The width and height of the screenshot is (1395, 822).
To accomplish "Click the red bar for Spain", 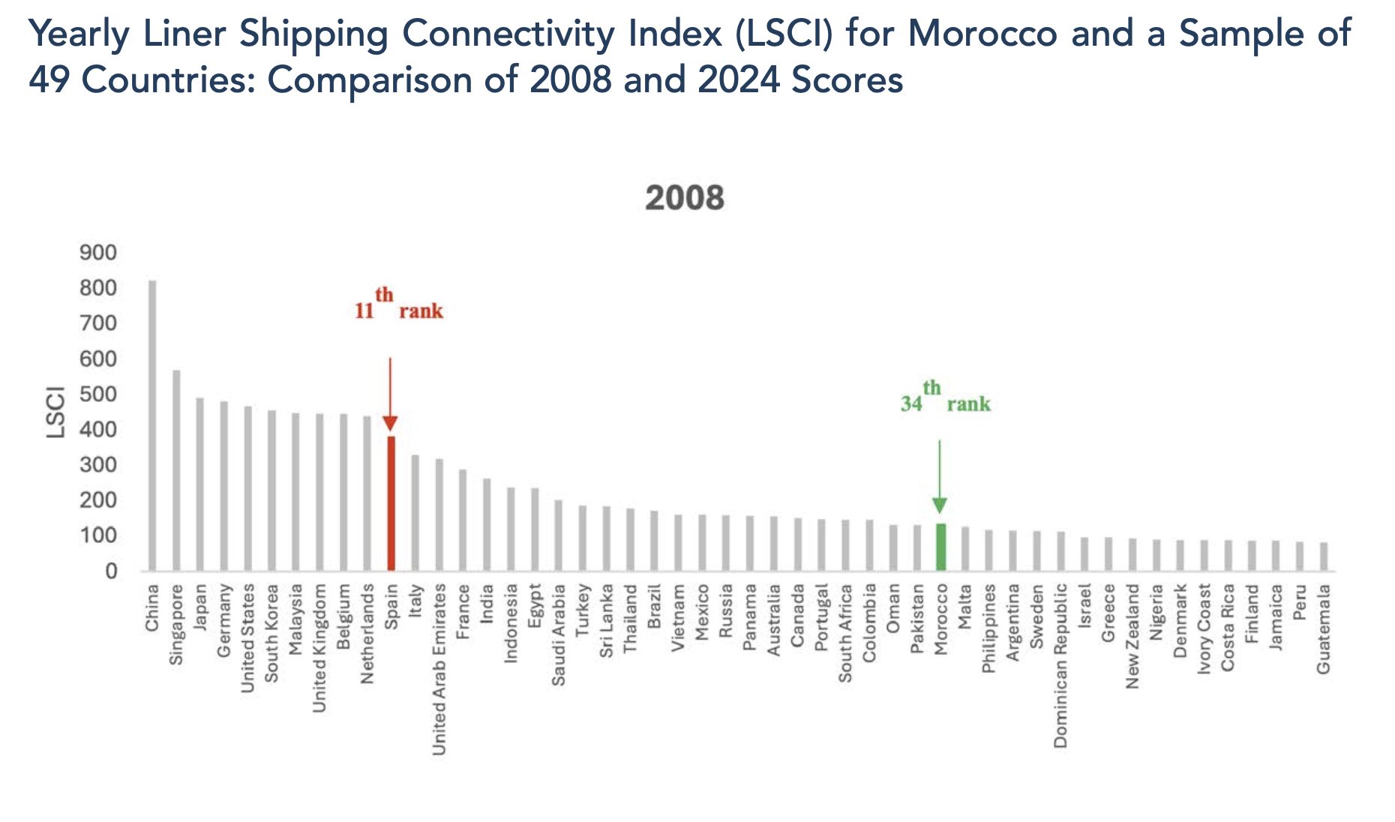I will tap(391, 503).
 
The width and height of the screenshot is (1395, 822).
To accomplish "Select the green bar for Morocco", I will tap(940, 547).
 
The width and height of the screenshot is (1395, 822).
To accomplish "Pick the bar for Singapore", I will tap(176, 470).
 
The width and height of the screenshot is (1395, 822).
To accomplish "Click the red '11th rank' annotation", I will tap(399, 305).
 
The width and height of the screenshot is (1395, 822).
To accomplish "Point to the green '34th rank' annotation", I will tap(946, 398).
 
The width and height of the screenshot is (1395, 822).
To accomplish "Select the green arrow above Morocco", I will tap(940, 476).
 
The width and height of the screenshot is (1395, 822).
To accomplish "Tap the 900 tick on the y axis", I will tap(98, 253).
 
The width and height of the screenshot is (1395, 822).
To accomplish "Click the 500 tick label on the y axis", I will tap(98, 394).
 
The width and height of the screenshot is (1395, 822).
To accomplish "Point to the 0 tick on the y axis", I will tap(111, 571).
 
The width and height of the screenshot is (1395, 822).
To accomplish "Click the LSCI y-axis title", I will tap(56, 412).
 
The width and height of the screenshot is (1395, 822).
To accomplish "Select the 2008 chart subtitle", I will tap(684, 199).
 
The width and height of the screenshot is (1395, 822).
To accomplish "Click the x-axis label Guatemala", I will tap(1324, 629).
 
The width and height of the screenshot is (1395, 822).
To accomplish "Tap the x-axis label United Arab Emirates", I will tap(439, 669).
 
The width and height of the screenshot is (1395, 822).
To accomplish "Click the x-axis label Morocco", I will tap(941, 619).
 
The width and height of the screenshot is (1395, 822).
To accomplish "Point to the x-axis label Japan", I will tap(200, 607).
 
